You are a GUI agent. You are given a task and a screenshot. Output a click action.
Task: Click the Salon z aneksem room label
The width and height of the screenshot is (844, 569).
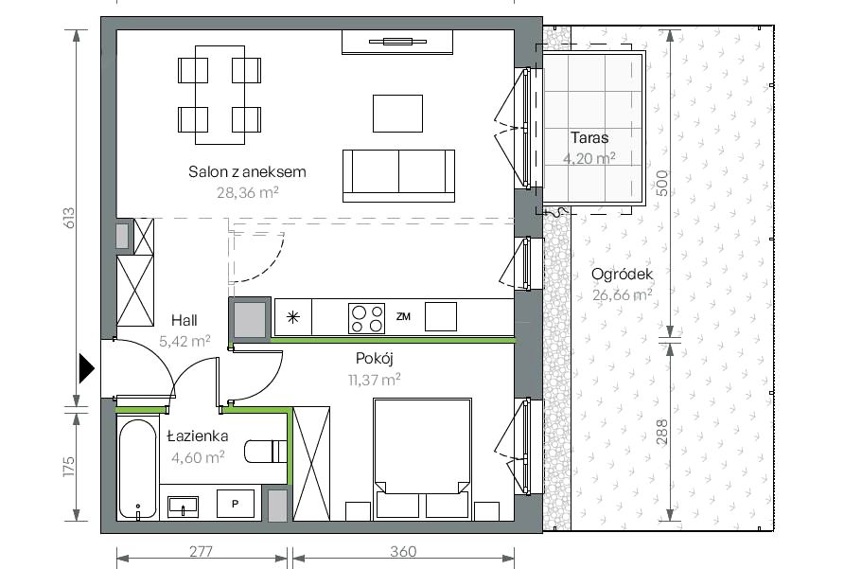coord(247,172)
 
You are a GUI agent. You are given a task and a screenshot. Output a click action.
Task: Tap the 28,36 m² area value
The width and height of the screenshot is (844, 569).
coord(248,192)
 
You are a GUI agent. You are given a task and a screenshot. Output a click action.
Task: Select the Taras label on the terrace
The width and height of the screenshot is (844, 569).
coord(589,137)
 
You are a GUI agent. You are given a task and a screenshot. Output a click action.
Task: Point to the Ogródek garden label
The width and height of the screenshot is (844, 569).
coord(623,275)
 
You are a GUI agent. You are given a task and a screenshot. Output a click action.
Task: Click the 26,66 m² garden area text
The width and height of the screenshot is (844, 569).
coord(623,294)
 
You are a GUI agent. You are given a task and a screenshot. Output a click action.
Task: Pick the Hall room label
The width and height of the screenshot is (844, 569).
coord(185,321)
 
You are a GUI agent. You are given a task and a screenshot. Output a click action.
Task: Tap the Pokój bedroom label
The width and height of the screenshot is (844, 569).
coord(375,359)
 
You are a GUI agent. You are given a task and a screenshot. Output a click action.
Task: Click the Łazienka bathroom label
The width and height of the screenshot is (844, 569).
coord(198,436)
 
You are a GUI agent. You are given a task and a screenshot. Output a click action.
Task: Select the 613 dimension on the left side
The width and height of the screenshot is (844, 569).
coord(69,218)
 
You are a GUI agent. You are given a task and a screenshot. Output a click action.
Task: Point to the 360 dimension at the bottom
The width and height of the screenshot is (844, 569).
coord(403,552)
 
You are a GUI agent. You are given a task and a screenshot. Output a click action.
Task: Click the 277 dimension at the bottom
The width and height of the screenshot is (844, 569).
coord(201,552)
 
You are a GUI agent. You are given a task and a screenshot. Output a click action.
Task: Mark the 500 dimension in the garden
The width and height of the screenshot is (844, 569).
coord(662,184)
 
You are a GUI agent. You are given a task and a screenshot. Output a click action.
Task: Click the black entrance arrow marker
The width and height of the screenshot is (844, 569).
coord(87,368)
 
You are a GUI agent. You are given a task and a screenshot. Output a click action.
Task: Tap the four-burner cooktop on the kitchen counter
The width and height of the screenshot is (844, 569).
coord(366,318)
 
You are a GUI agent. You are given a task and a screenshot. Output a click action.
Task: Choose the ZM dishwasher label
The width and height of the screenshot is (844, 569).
coord(403,317)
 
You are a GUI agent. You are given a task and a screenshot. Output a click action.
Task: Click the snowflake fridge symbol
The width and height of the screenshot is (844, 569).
coord(292,317)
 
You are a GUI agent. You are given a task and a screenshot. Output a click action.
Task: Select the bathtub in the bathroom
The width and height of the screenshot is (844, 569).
coord(138,470)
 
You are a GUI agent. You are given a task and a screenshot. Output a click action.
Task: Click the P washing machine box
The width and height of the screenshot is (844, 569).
coord(236,505)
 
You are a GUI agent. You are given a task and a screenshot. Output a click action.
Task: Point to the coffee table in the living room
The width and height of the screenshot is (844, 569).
coord(397,114)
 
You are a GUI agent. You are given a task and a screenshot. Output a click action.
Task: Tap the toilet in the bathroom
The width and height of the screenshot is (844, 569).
coord(265,452)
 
